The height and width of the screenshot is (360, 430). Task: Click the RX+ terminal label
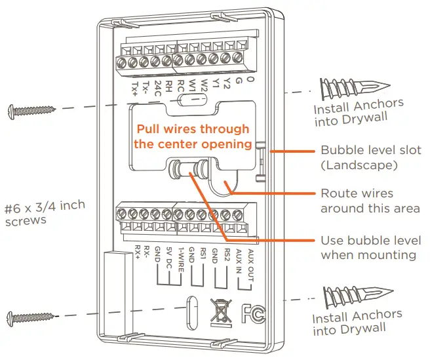137,251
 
